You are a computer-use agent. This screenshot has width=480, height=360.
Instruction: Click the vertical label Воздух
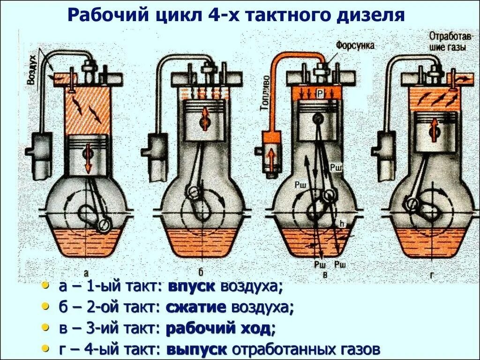pyautogui.click(x=31, y=74)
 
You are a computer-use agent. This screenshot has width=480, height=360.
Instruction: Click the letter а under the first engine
pyautogui.click(x=86, y=273)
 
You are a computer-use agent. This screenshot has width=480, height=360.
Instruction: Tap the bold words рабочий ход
pyautogui.click(x=218, y=328)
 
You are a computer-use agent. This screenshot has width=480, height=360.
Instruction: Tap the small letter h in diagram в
pyautogui.click(x=342, y=224)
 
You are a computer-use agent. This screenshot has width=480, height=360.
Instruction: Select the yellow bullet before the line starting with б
pyautogui.click(x=45, y=307)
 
